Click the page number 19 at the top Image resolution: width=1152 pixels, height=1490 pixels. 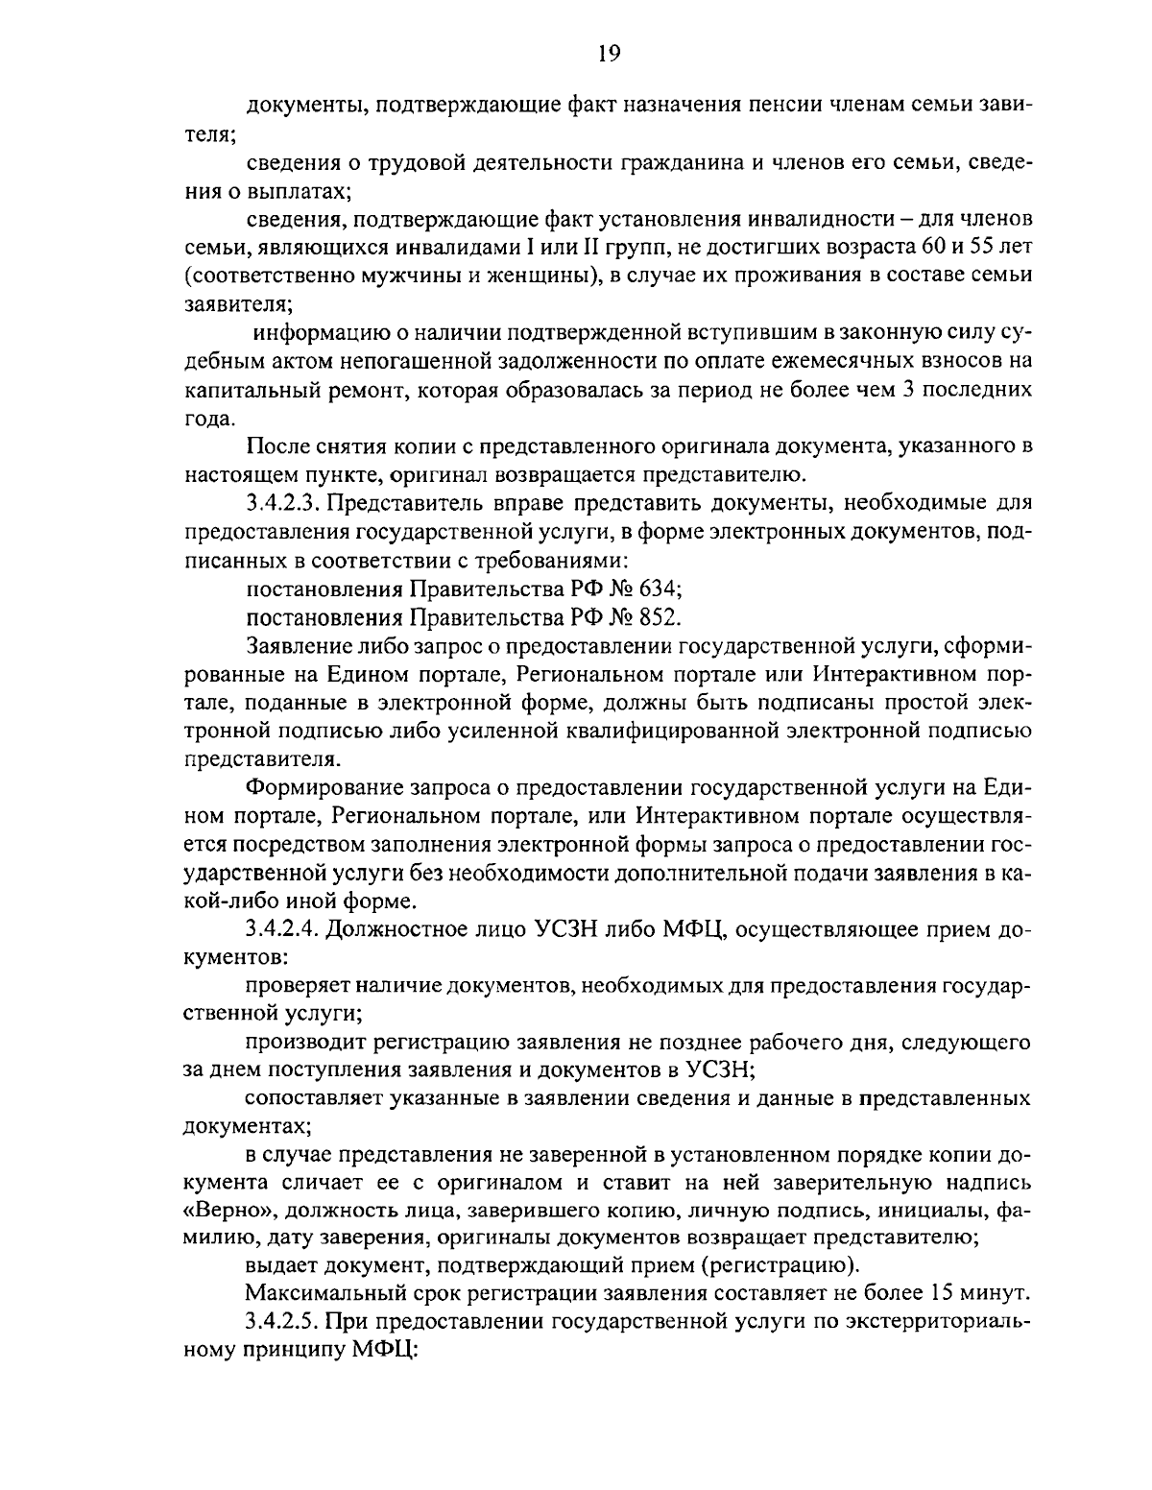pos(609,53)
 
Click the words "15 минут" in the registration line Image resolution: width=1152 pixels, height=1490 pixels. pos(982,1291)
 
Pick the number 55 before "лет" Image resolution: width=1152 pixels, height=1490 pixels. pos(991,249)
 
